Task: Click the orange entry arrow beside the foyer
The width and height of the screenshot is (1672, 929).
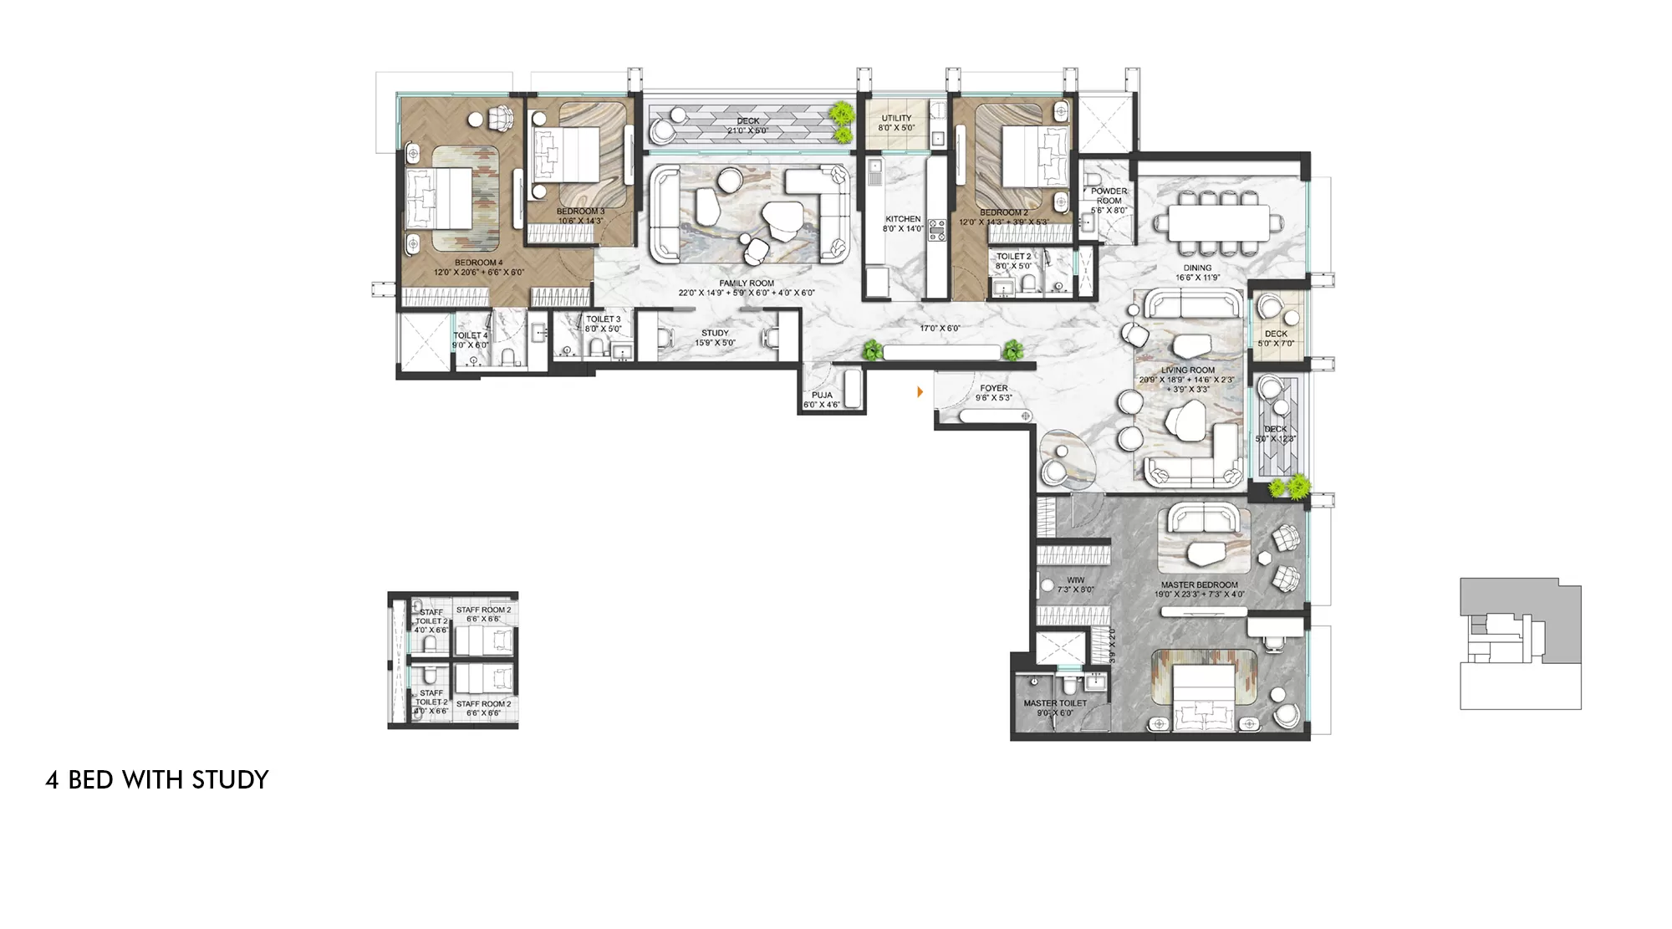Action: tap(920, 391)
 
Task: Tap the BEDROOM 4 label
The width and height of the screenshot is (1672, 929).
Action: tap(478, 263)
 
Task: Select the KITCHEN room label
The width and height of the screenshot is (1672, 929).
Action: tap(903, 219)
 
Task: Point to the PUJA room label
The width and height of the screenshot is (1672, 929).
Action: tap(822, 396)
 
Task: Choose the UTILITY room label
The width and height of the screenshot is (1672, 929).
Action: tap(896, 119)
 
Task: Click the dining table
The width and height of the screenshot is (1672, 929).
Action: tap(1218, 223)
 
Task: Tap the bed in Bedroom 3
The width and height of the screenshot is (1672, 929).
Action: tap(566, 155)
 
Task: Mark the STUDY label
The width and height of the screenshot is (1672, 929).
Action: tap(715, 333)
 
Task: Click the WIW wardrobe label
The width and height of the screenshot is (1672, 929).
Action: tap(1075, 580)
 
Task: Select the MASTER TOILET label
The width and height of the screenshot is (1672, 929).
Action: tap(1055, 703)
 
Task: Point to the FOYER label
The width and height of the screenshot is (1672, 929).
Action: tap(994, 388)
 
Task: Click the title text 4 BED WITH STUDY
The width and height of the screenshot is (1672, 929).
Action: tap(157, 780)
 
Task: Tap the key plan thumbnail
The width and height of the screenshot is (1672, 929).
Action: tap(1520, 644)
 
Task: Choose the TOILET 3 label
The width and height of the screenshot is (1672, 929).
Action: tap(603, 319)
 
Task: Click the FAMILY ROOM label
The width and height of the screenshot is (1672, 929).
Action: tap(747, 283)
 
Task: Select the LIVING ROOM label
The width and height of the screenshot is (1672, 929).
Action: tap(1188, 370)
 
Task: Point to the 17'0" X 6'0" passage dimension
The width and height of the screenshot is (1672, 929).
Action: tap(940, 329)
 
